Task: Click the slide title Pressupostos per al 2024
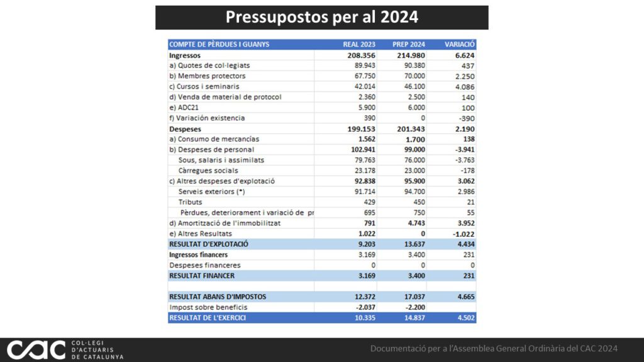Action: click(x=321, y=17)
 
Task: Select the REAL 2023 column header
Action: click(x=359, y=45)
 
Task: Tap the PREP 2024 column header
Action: click(x=409, y=45)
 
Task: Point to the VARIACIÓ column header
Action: click(x=459, y=45)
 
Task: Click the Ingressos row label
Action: click(x=185, y=55)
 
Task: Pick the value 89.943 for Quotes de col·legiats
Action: click(x=365, y=65)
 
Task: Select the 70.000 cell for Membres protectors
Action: click(x=414, y=76)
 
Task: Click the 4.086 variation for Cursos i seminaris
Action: click(x=465, y=87)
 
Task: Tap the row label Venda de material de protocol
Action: click(x=225, y=97)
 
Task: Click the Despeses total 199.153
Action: click(x=362, y=129)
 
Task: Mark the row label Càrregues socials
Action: click(x=208, y=171)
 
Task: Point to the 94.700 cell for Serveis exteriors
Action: click(x=414, y=192)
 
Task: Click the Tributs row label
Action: click(x=190, y=202)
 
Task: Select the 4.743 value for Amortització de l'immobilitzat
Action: click(x=416, y=223)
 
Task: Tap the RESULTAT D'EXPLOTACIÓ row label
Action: click(x=209, y=244)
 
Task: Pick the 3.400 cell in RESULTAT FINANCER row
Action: click(x=416, y=276)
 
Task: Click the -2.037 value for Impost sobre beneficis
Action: click(x=365, y=307)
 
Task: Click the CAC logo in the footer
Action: click(x=36, y=349)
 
